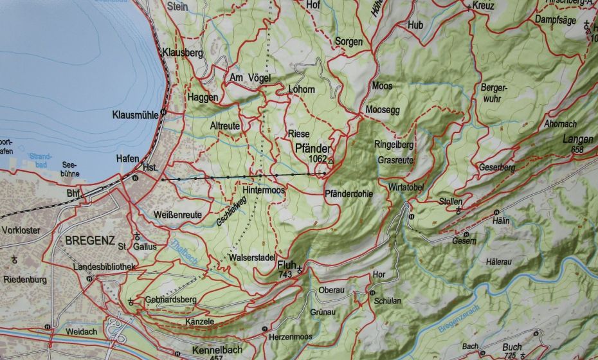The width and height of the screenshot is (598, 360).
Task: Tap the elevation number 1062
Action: pos(318,158)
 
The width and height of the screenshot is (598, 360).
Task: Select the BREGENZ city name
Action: pos(90,241)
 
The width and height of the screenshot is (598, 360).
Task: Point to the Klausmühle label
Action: pos(135,114)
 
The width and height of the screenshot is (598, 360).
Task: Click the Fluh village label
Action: pos(287,265)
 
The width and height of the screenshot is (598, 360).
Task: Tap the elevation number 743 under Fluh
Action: pos(287,274)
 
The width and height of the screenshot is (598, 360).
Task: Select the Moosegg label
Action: pos(383,110)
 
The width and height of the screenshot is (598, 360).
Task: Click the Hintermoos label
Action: pos(264,190)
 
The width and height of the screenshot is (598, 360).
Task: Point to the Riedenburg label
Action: pos(25,280)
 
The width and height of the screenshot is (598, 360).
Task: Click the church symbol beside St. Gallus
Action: pos(137,236)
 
